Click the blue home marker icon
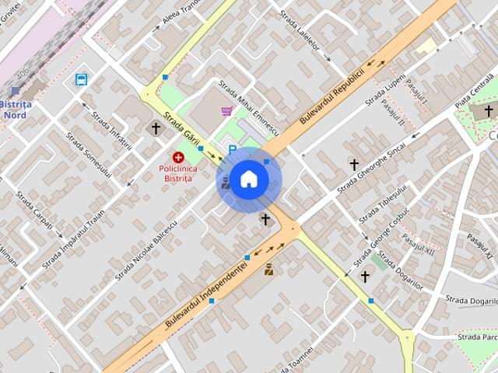click(x=248, y=180)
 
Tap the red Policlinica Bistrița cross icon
click(x=178, y=157)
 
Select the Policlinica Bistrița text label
click(x=178, y=173)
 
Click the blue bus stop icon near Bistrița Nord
click(x=82, y=79)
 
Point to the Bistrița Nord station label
click(x=15, y=110)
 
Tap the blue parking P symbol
click(x=232, y=149)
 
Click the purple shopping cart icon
click(x=226, y=111)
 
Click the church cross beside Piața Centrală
click(x=489, y=111)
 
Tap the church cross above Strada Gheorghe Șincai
click(x=354, y=164)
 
